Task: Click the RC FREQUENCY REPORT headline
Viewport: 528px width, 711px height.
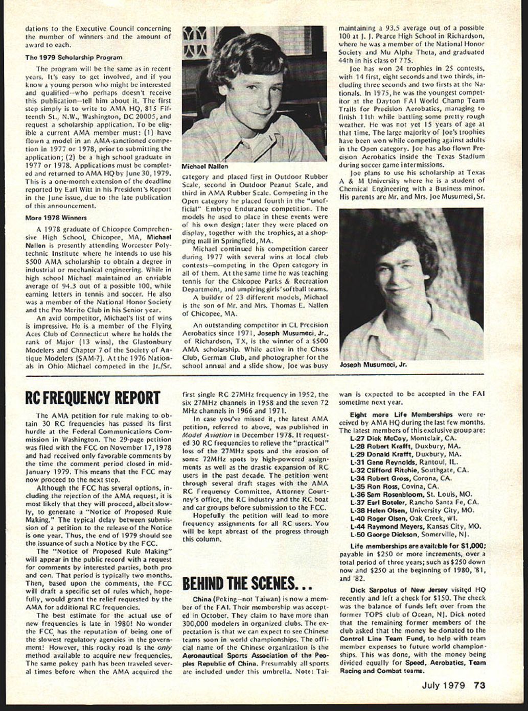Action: pos(93,398)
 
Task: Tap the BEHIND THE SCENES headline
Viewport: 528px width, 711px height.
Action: pos(247,582)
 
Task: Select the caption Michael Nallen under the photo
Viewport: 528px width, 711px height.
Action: pos(205,166)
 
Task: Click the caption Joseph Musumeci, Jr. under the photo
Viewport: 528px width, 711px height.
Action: pos(373,365)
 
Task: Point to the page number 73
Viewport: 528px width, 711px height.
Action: pos(479,685)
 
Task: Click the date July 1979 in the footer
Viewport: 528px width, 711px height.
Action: pos(443,685)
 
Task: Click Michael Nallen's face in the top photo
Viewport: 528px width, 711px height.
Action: pos(250,94)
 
